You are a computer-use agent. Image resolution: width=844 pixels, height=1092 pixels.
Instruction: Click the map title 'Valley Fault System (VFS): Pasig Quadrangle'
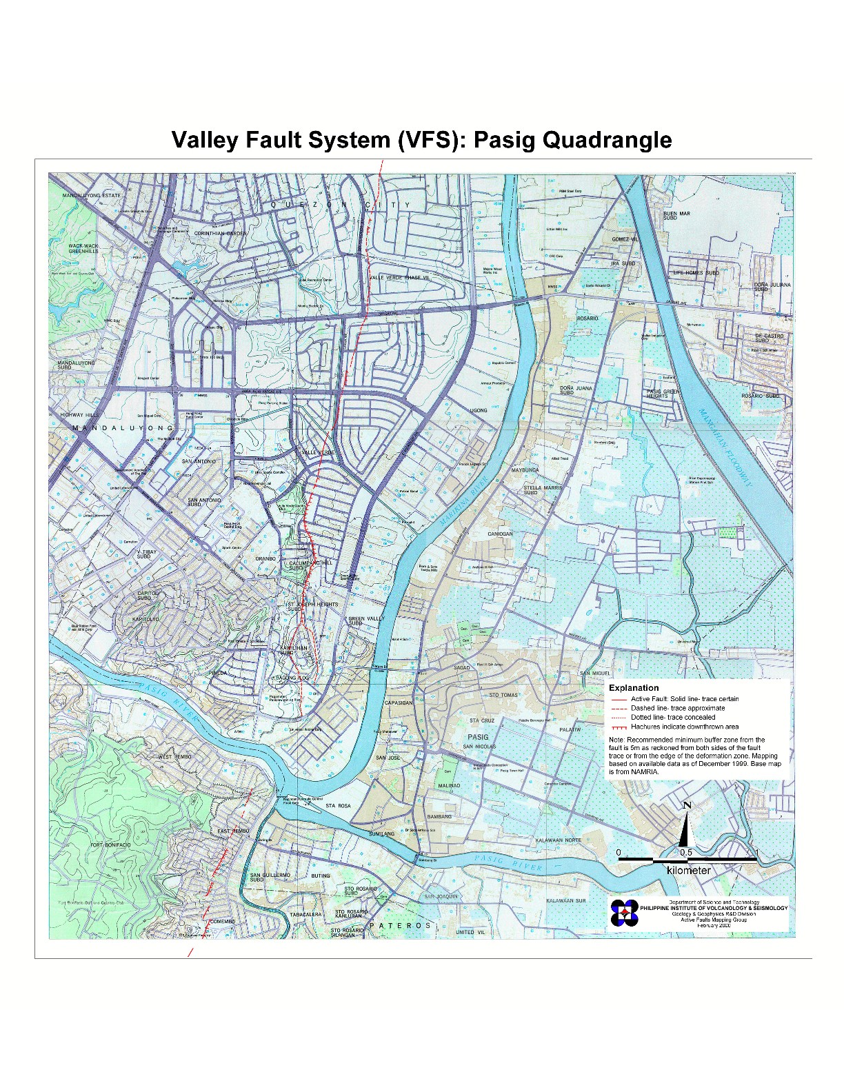click(421, 140)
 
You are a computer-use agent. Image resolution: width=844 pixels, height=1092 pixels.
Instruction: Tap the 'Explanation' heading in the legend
click(633, 687)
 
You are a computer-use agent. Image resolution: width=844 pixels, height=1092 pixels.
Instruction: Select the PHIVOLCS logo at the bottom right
click(624, 913)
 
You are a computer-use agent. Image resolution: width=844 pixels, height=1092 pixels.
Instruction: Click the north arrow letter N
click(687, 806)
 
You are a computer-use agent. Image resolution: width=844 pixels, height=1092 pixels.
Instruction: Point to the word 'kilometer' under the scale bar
click(688, 871)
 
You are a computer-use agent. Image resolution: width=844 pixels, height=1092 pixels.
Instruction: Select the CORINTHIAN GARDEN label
click(220, 234)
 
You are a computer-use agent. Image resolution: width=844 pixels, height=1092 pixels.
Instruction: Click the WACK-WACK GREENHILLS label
click(83, 248)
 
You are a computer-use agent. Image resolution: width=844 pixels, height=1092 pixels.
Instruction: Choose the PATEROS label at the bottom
click(400, 925)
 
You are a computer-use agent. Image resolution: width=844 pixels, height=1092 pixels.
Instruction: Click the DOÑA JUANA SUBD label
click(576, 390)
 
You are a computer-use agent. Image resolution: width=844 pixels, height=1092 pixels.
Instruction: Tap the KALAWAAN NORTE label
click(558, 840)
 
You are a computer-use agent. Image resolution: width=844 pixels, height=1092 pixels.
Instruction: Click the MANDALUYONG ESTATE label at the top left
click(91, 196)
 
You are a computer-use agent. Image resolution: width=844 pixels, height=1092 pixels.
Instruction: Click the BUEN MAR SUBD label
click(676, 216)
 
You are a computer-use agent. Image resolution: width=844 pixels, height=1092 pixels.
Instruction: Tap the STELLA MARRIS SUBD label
click(542, 489)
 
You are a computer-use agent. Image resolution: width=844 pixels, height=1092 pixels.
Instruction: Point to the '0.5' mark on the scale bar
click(685, 853)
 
